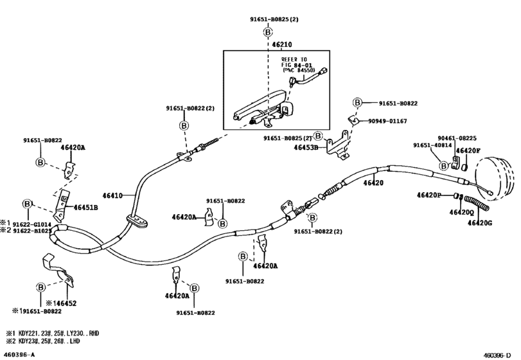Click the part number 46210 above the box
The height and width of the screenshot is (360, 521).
coord(282,46)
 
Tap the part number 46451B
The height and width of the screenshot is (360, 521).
coord(85,208)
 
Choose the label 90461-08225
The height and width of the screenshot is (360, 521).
coord(457,138)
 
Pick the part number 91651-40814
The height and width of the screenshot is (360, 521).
coord(432,146)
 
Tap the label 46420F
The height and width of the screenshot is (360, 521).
coord(469,150)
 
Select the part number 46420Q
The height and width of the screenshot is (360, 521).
coord(462,212)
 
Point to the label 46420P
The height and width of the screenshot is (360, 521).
coord(428,195)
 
